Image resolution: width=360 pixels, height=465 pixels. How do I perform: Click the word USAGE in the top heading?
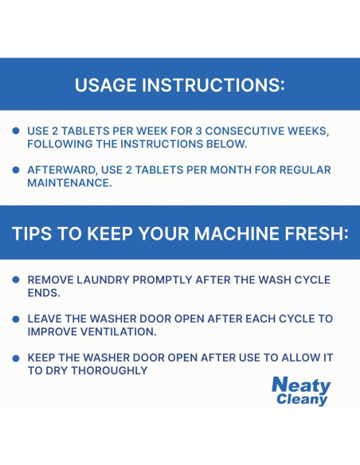pos(107,85)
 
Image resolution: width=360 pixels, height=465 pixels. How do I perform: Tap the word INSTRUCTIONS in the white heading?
pos(213,85)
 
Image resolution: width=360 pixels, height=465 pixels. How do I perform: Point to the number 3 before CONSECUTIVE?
pos(198,131)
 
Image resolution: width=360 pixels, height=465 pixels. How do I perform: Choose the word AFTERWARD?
pos(63,170)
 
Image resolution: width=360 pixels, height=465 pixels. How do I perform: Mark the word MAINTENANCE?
pos(69,183)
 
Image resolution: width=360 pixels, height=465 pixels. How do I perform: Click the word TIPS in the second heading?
pos(32,233)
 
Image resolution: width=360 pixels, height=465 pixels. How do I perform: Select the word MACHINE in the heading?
pos(237,233)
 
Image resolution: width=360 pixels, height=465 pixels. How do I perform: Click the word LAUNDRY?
pos(103,279)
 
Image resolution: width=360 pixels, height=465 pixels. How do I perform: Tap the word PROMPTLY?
pos(162,279)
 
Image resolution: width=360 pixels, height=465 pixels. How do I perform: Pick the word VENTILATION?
pos(119,331)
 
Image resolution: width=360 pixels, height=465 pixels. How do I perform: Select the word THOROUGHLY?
pos(109,370)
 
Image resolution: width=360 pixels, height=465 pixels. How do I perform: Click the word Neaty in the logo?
pos(301,385)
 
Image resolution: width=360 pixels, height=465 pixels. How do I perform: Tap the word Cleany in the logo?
pos(302,399)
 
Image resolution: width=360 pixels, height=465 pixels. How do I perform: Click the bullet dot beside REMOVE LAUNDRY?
pos(16,279)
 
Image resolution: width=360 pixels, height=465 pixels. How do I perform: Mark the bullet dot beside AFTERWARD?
pos(16,170)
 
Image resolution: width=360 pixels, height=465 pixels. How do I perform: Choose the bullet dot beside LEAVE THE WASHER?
pos(16,319)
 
